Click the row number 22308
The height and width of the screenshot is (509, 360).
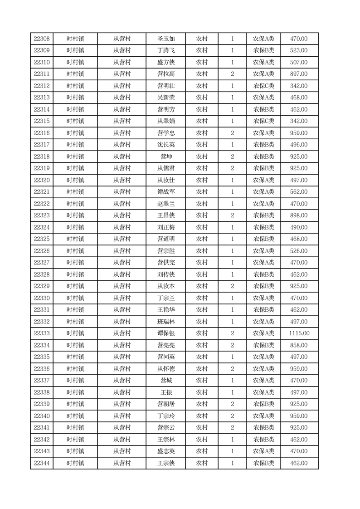click(42, 39)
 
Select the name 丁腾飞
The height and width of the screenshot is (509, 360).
click(165, 50)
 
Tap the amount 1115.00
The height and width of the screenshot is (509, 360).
click(299, 333)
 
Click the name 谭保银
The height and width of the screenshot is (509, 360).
click(165, 333)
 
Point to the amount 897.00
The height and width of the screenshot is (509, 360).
click(299, 74)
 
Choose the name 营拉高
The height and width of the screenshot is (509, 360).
click(165, 74)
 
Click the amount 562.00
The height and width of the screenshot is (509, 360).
click(299, 192)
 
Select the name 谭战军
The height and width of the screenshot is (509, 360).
click(165, 192)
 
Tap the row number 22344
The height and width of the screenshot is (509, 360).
click(42, 463)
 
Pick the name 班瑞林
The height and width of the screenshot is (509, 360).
click(165, 322)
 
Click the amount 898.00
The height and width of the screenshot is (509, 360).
click(299, 215)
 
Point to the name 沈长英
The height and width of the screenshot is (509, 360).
click(165, 145)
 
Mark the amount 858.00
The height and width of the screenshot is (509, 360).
click(299, 345)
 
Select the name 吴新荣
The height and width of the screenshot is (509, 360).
click(165, 98)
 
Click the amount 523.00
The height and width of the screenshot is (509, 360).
click(299, 50)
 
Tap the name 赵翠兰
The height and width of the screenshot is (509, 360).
click(165, 204)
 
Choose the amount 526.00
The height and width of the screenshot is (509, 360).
click(299, 251)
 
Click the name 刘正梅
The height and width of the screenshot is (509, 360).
click(165, 227)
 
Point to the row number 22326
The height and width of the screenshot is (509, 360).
click(42, 251)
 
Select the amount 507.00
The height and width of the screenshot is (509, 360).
click(299, 62)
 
